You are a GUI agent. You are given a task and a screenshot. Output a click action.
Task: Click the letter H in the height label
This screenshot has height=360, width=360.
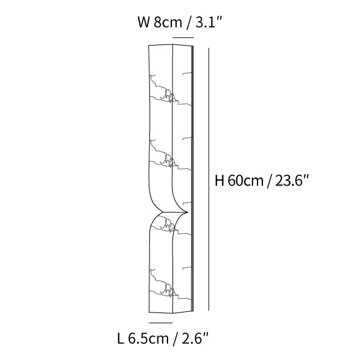219,182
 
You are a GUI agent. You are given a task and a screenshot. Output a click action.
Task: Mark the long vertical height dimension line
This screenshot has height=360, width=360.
207,181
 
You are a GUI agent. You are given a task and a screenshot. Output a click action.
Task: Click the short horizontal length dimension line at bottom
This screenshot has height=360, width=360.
161,322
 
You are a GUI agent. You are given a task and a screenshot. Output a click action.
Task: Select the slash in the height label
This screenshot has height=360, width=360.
269,182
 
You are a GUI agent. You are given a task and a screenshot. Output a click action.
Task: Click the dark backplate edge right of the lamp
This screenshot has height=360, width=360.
194,181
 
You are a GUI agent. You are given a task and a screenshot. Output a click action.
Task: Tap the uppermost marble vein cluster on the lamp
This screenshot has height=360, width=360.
167,95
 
